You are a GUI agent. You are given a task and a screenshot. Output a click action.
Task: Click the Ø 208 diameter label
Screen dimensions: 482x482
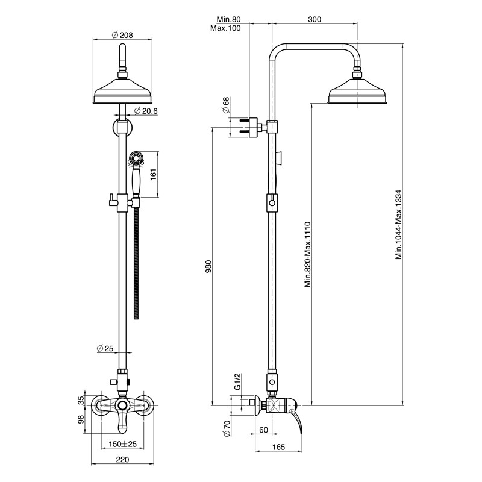pos(122,35)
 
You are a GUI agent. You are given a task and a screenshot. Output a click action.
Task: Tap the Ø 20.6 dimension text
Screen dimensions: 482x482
pos(146,111)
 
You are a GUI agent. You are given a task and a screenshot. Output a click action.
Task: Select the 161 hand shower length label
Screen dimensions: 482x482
pos(153,174)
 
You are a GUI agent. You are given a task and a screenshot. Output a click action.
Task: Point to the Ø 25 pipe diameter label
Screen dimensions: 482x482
pos(105,349)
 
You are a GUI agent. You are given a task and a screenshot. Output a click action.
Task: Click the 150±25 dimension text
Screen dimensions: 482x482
pos(123,444)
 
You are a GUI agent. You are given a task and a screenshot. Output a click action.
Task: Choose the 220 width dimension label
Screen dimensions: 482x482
pos(122,460)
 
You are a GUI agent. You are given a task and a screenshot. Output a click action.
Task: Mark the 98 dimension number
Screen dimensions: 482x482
pos(81,419)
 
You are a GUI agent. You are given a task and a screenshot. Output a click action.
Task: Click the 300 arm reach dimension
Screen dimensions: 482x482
pos(315,20)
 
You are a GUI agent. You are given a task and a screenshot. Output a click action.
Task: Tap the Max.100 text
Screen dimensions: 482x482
pos(225,28)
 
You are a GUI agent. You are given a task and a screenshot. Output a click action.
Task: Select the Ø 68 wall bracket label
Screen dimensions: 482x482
pos(226,105)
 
